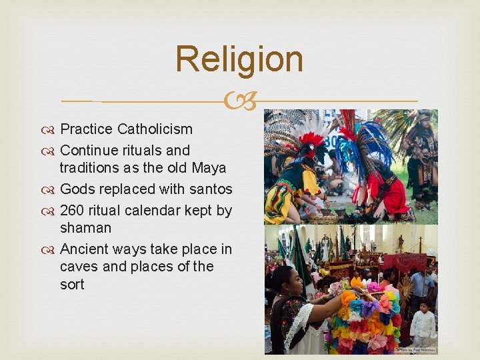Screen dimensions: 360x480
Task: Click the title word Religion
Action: (239, 59)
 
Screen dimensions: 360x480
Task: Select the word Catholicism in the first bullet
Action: (155, 129)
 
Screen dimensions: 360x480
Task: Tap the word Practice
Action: (87, 129)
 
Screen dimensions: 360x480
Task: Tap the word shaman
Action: (85, 228)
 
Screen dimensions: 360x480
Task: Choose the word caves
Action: (79, 267)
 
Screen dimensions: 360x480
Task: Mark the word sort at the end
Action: (72, 285)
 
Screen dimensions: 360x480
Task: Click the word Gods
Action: (77, 189)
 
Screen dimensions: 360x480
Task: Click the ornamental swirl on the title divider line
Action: (239, 102)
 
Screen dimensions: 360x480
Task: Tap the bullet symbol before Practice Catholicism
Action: (51, 130)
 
